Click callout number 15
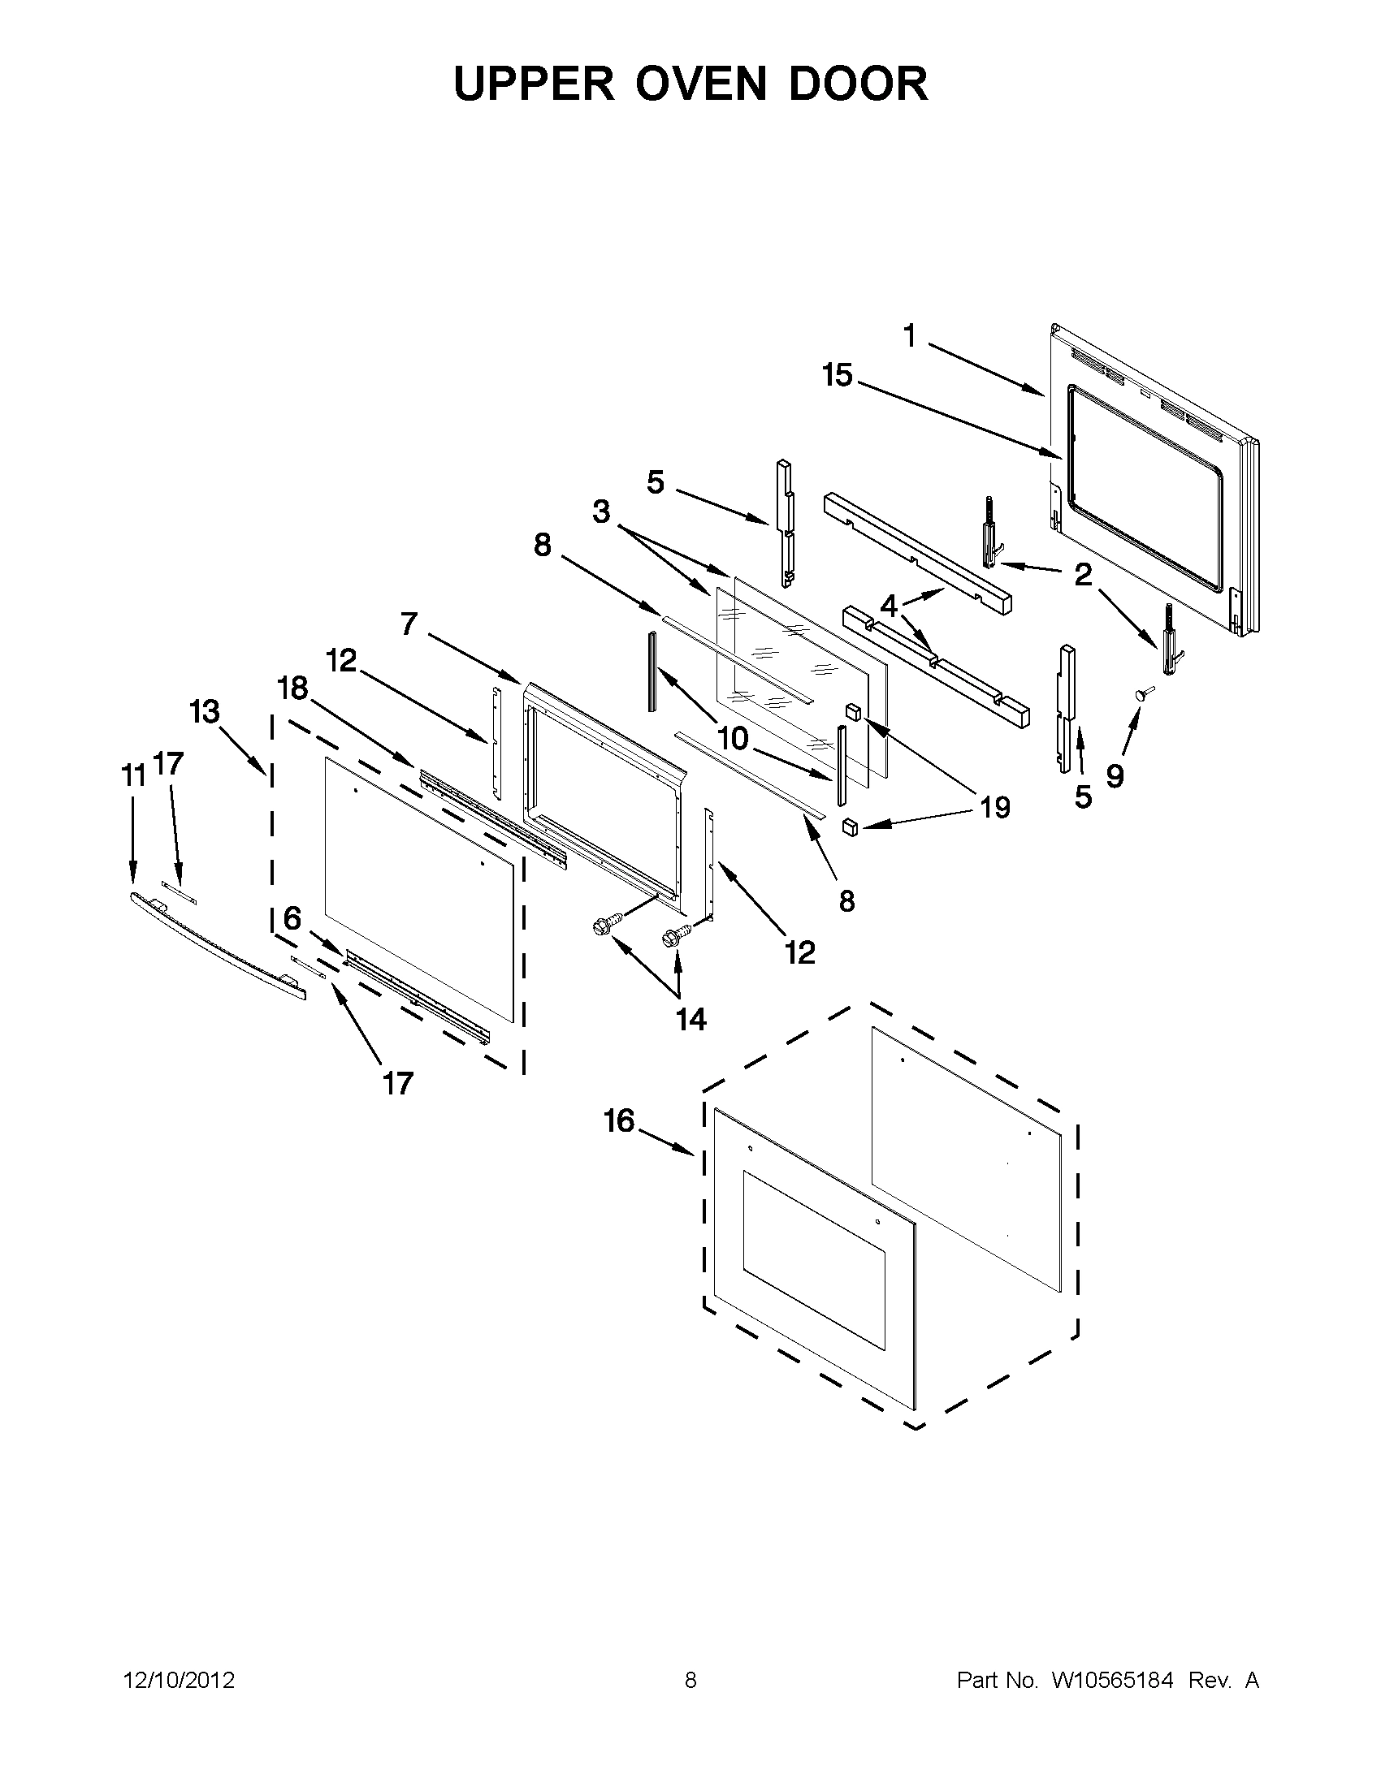[838, 376]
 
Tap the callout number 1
[910, 335]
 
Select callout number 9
[1115, 775]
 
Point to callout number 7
[409, 624]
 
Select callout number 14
[691, 1019]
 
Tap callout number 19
[995, 808]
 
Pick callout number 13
[205, 712]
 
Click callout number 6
[292, 919]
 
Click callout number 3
[602, 512]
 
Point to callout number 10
[733, 738]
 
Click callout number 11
[133, 775]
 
